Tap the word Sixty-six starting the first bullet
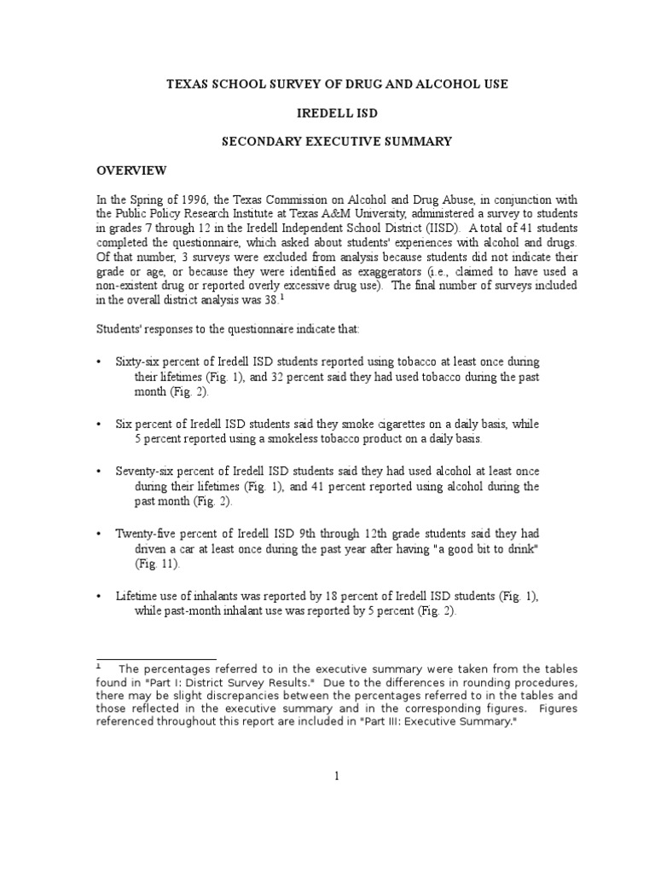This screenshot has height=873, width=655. pos(140,362)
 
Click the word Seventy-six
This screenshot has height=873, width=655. pos(147,471)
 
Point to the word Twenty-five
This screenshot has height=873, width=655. pos(145,533)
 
